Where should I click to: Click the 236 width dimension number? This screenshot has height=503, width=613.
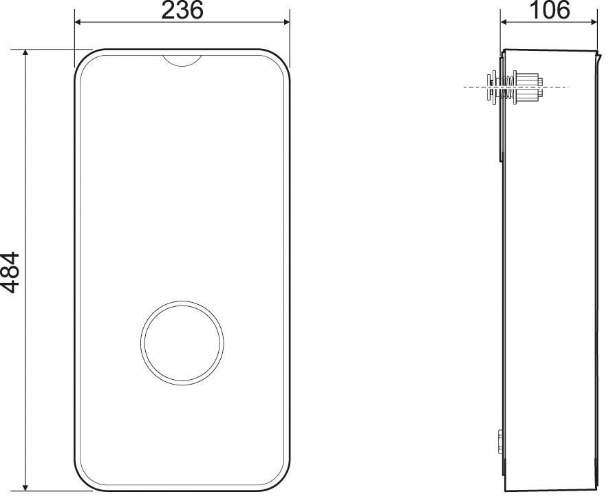[182, 10]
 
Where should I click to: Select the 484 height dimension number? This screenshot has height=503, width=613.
[10, 272]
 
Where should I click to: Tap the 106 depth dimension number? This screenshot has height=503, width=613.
[549, 10]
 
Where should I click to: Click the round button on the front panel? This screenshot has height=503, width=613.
[182, 343]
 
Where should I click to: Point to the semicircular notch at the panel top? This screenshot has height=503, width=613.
[182, 61]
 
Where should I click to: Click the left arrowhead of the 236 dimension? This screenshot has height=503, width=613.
[78, 22]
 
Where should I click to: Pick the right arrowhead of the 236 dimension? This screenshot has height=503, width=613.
[286, 22]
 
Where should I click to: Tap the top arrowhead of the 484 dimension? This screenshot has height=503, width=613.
[26, 54]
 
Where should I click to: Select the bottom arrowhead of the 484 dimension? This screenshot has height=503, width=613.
[26, 487]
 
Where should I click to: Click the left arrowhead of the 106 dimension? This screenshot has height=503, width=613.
[505, 22]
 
